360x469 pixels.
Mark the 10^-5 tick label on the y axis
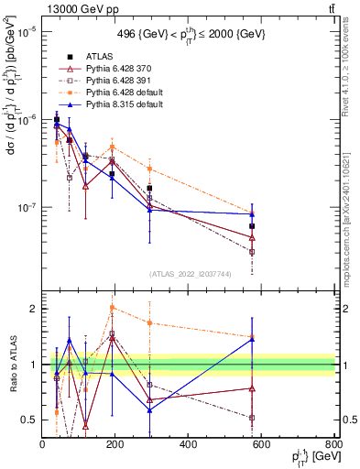(x=26, y=32)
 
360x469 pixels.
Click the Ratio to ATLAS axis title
(x=11, y=365)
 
